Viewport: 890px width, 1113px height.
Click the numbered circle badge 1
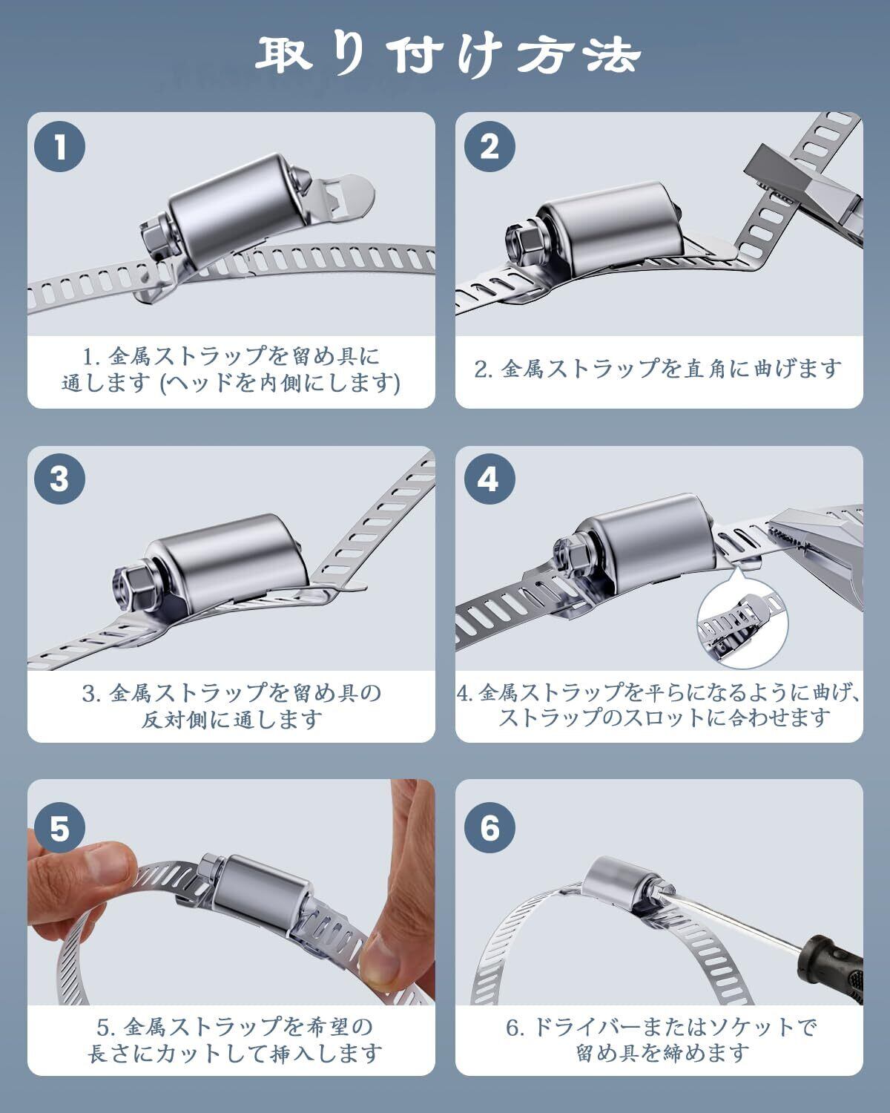59,146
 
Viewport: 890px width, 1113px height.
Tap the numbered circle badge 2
489,146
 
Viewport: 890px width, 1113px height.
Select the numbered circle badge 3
59,479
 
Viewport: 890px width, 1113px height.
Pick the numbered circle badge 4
489,479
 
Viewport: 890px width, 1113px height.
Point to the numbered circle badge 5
59,828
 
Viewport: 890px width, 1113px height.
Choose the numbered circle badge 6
489,828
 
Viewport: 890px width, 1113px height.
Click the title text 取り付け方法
448,56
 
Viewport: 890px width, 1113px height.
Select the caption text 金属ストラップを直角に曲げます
670,370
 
